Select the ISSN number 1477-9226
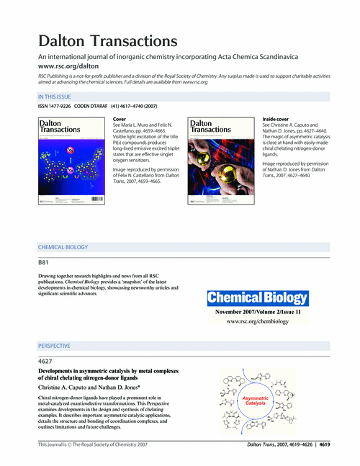54,107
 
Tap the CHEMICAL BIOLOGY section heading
63,247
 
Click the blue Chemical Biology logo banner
258,297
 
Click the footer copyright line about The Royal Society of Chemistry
93,446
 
